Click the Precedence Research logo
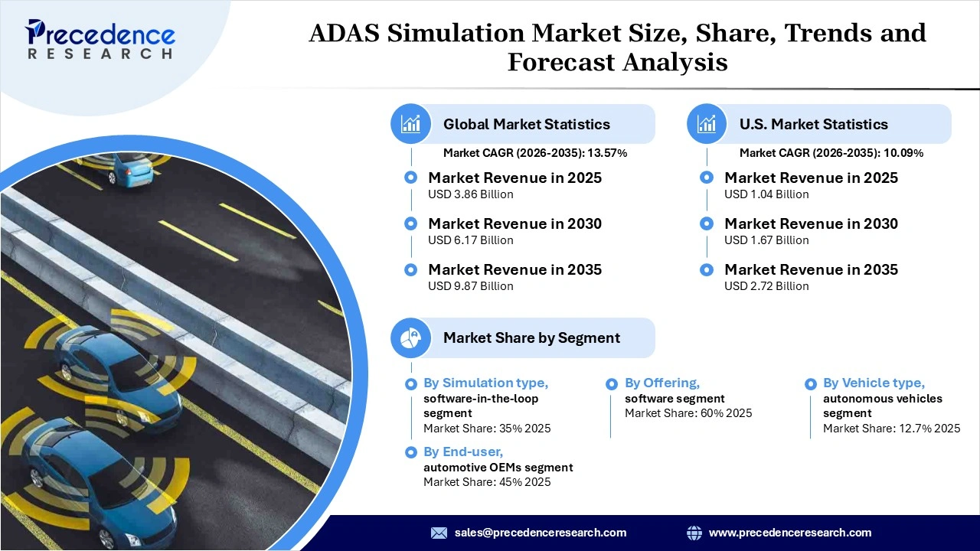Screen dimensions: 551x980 (100, 38)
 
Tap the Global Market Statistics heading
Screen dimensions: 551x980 (526, 124)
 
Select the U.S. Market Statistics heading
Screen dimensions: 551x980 (813, 124)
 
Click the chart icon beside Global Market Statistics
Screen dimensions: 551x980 (411, 124)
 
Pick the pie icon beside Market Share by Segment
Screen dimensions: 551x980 (411, 337)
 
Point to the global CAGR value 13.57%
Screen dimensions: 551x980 (607, 153)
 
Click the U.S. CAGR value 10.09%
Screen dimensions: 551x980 (903, 153)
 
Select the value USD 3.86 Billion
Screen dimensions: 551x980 (470, 194)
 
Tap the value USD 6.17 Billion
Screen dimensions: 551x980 (470, 240)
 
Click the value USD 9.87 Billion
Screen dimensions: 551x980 (470, 286)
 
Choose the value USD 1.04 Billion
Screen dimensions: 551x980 (766, 194)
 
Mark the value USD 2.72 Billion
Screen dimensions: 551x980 (766, 286)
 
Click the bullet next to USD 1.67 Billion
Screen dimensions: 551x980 (707, 223)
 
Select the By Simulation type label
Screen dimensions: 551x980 (485, 383)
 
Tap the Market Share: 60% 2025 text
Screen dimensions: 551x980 (688, 413)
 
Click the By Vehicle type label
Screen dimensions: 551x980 (874, 383)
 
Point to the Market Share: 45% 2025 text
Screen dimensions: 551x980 (487, 482)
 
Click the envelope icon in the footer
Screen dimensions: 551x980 (439, 533)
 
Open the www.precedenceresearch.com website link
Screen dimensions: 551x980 (789, 533)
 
